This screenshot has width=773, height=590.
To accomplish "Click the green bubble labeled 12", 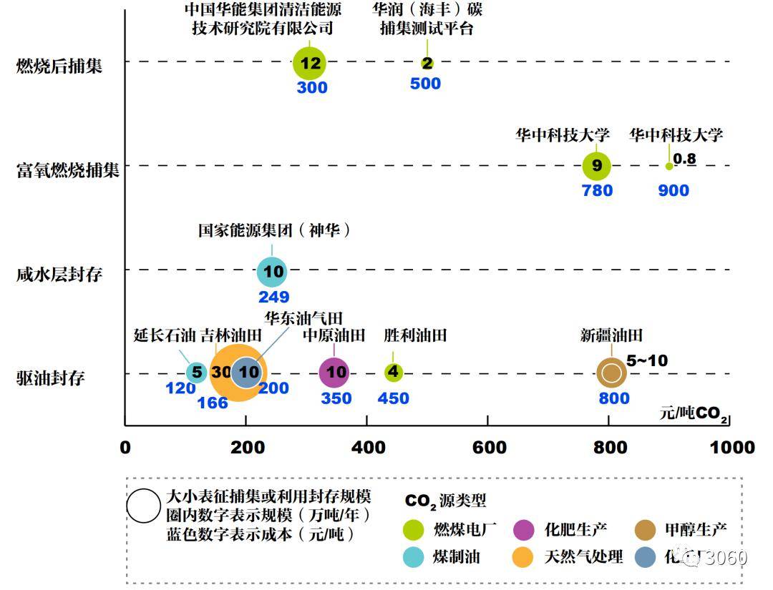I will coord(310,63).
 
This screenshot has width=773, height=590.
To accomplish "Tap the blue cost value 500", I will coord(425,84).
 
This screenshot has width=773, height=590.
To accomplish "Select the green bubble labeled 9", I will coord(597,167).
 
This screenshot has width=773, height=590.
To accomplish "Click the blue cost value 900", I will coord(674,190).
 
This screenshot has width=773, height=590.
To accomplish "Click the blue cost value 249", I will coord(273,297).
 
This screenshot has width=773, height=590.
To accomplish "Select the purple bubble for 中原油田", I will coord(336,372).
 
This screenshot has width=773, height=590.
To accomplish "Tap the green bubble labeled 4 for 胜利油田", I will coord(393,372).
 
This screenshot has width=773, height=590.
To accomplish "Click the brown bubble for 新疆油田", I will coord(611,372).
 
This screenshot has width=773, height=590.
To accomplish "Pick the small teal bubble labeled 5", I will coord(196,372).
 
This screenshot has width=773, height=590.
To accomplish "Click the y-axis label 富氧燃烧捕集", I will coord(69,170).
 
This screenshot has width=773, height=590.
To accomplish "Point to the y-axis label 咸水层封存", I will coord(59,275).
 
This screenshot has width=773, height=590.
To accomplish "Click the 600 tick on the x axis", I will coord(487,448).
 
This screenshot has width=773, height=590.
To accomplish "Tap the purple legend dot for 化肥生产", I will coord(525,530).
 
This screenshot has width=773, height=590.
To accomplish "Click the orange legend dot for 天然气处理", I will coord(525,556).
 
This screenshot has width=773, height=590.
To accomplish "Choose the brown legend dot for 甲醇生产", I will coord(645,530).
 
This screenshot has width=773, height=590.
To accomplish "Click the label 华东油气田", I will coord(303,318).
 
